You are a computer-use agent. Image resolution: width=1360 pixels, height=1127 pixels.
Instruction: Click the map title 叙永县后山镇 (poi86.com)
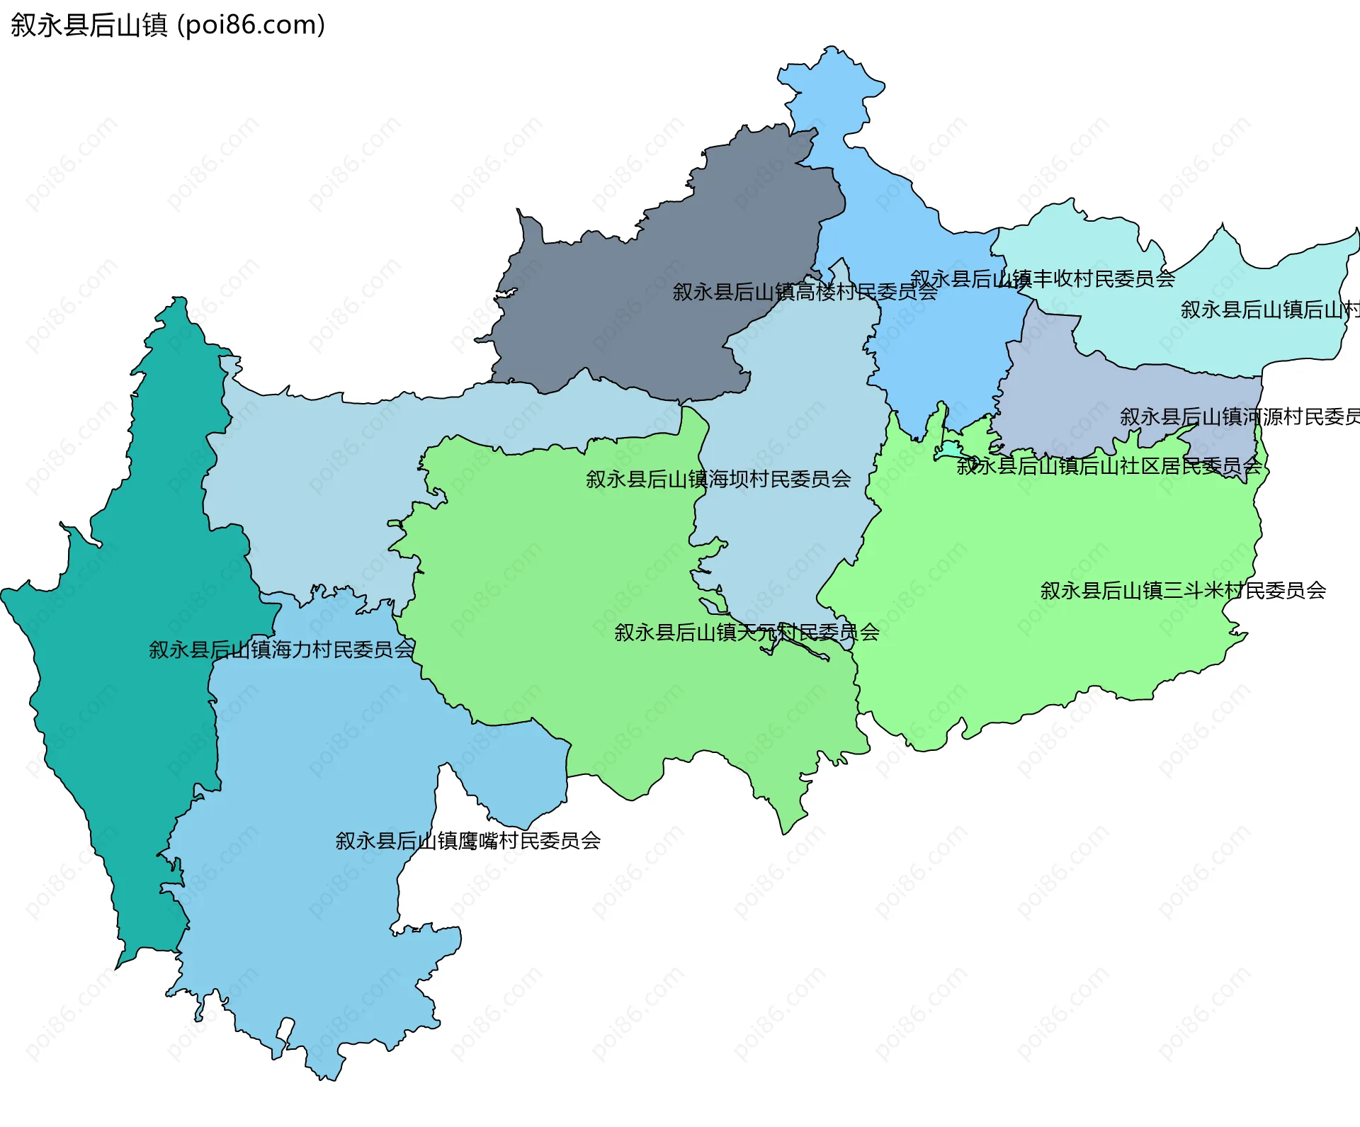[167, 26]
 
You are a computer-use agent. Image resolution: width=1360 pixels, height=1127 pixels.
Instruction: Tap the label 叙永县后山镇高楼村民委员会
[805, 292]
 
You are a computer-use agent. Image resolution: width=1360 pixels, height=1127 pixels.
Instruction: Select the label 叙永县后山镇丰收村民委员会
[1042, 279]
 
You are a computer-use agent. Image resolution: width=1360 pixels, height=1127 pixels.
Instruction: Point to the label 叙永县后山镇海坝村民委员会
[718, 480]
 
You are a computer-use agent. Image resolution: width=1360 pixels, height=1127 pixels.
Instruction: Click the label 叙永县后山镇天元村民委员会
[747, 633]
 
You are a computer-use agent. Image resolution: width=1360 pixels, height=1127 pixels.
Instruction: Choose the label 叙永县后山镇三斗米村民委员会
[1183, 591]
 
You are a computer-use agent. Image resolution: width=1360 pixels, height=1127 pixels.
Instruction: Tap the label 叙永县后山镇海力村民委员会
[281, 650]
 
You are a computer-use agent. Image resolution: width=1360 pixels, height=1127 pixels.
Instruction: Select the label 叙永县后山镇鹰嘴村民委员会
[467, 841]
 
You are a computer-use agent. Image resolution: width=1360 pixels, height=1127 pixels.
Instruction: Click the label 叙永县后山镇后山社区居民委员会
[1109, 466]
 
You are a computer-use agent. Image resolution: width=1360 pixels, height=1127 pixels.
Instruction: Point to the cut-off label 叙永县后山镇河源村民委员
[1240, 417]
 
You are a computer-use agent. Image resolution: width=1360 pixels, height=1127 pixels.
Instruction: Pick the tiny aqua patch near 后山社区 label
[948, 449]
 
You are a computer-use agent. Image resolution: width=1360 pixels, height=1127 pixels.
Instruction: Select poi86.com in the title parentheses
[251, 26]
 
